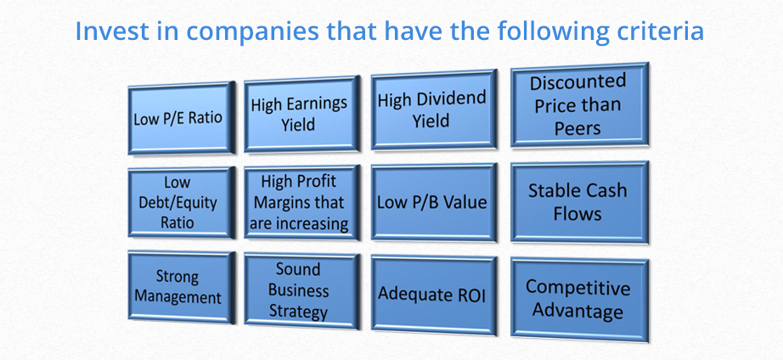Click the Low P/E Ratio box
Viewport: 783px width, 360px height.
coord(181,118)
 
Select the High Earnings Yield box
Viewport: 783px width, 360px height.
coord(301,114)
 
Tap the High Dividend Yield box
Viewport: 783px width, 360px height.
coord(433,110)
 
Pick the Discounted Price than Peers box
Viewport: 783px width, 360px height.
coord(579,104)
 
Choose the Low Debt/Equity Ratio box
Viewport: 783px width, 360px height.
coord(181,202)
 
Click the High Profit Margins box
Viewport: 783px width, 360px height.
coord(301,203)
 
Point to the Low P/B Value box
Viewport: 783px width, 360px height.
coord(433,202)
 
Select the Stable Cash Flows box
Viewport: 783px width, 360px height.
coord(579,202)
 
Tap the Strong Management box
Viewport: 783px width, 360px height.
coord(181,287)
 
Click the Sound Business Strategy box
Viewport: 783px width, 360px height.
coord(301,290)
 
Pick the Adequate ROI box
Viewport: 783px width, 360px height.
coord(433,295)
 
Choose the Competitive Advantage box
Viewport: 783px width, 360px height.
coord(579,300)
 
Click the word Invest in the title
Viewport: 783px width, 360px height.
coord(112,31)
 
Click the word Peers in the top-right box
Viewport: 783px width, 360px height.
coord(577,128)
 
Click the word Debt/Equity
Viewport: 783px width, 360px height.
coord(178,203)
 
